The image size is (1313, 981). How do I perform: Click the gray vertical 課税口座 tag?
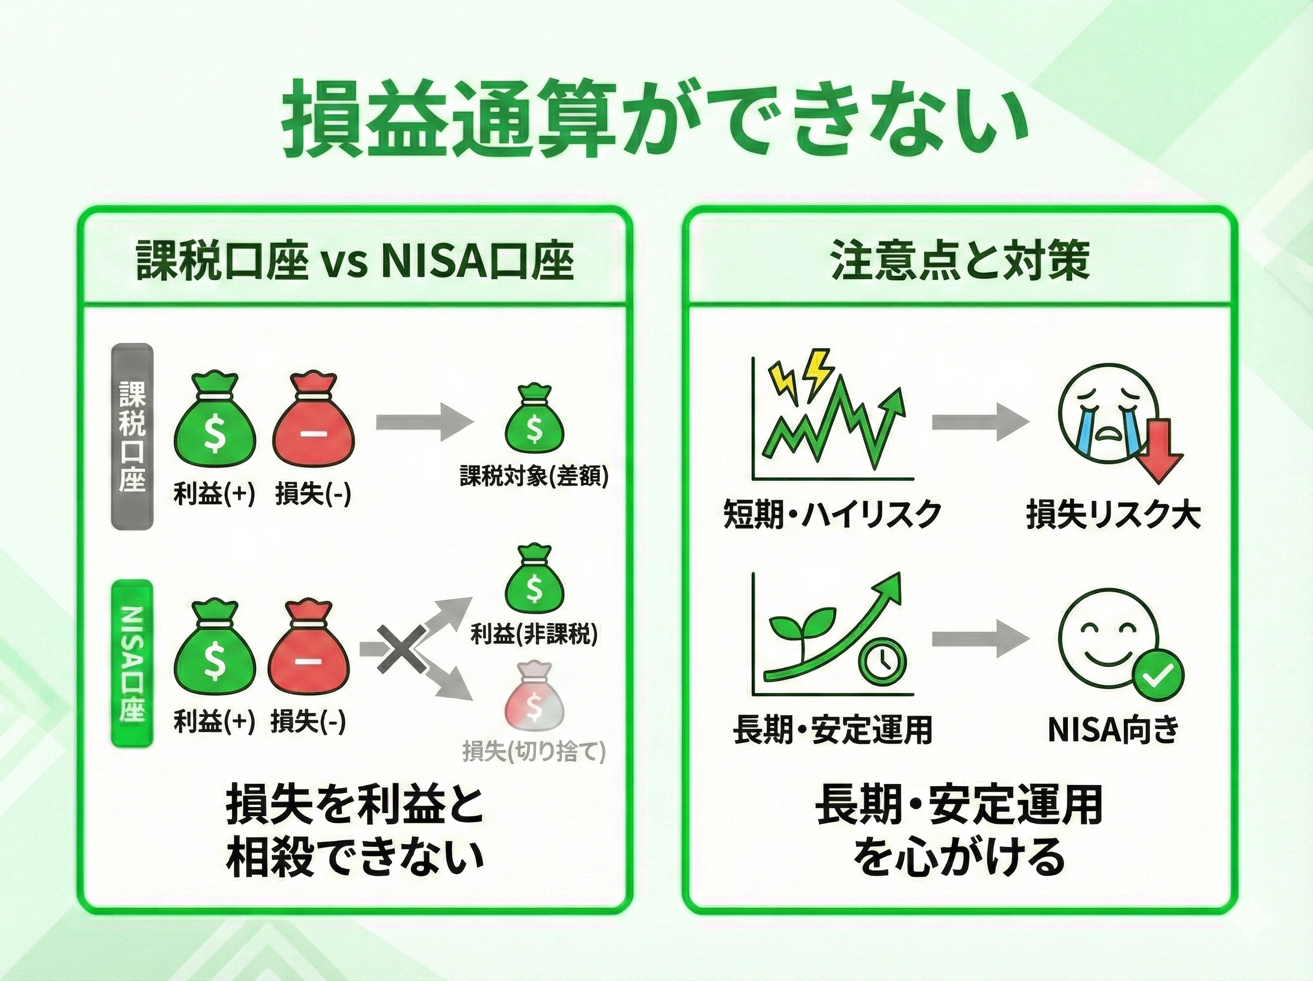132,436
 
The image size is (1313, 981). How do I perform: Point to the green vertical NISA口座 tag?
132,663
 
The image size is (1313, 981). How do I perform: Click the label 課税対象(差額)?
534,476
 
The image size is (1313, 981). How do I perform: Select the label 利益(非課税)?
534,634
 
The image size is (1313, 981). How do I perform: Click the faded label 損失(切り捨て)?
534,752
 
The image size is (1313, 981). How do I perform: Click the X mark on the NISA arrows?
402,649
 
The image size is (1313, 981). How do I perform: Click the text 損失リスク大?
1113,514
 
